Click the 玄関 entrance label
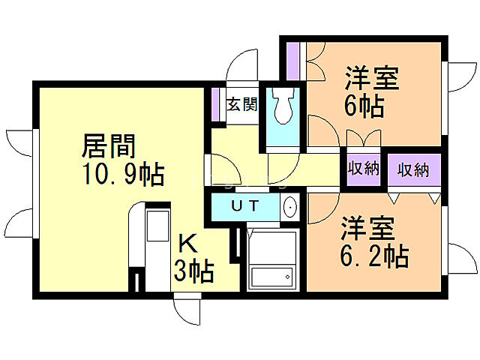[241, 104]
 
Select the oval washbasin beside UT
[290, 207]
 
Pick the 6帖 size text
[365, 106]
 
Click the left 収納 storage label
[363, 169]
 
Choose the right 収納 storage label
[412, 169]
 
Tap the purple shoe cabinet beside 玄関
[215, 105]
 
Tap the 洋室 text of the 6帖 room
[371, 78]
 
